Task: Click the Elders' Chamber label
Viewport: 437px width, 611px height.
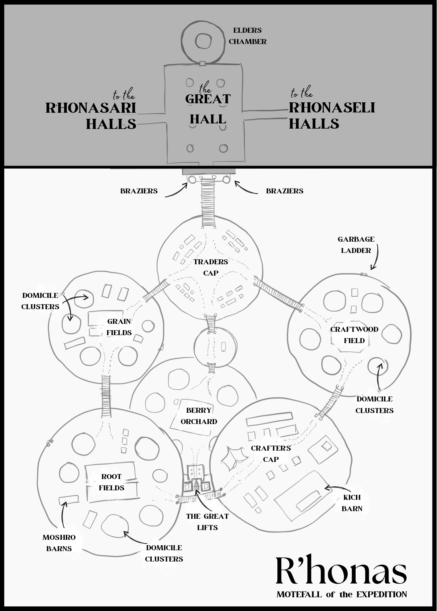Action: click(x=247, y=36)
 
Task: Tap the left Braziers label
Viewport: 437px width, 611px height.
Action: click(x=139, y=191)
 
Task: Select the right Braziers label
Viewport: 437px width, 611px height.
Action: click(x=285, y=191)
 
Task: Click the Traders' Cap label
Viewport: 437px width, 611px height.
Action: click(x=211, y=267)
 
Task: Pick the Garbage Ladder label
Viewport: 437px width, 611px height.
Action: click(x=356, y=245)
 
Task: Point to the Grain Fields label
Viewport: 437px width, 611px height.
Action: click(x=119, y=327)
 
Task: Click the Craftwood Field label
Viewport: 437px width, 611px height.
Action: click(x=354, y=335)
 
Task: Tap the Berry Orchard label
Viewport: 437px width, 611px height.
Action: click(x=199, y=416)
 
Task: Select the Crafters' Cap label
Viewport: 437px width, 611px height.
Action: click(x=271, y=454)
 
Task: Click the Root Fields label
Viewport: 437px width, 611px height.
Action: click(x=111, y=482)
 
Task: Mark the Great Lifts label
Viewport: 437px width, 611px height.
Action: click(x=207, y=522)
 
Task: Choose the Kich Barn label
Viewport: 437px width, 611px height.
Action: click(x=352, y=503)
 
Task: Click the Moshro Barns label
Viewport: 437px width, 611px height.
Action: click(x=59, y=543)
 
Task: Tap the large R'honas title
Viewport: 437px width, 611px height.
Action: click(x=341, y=570)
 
